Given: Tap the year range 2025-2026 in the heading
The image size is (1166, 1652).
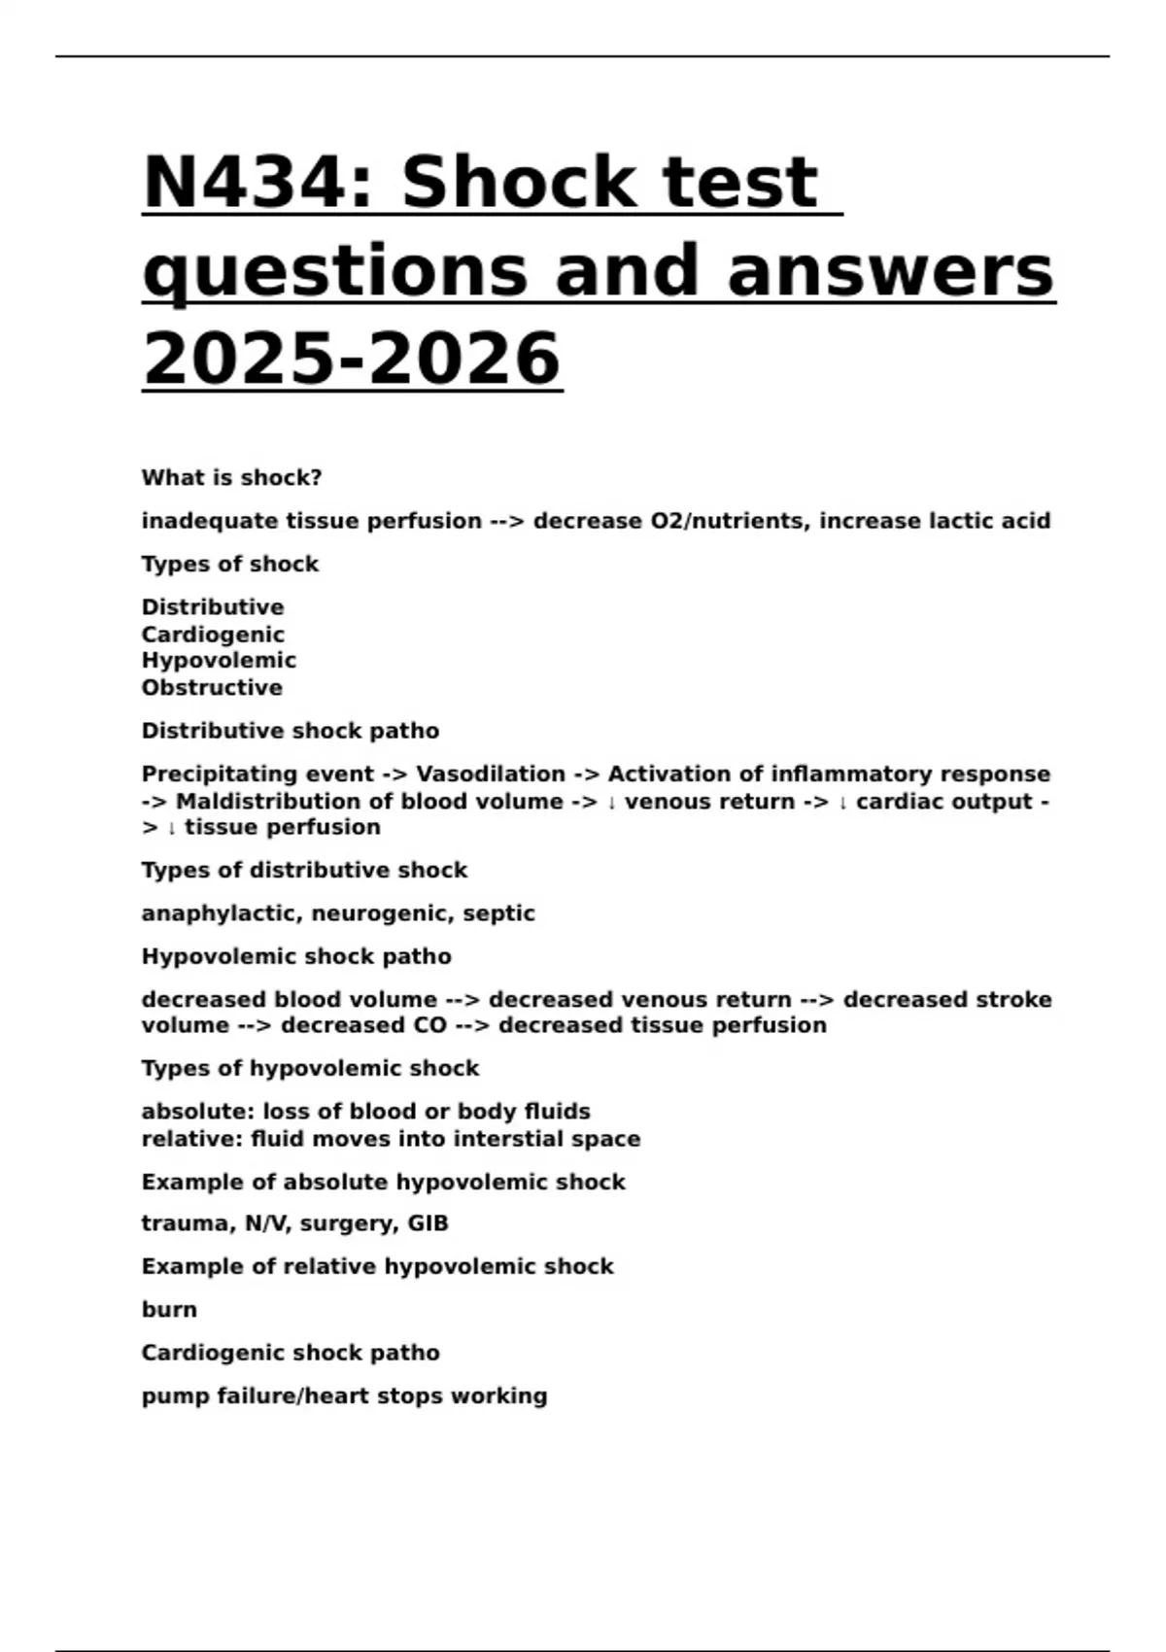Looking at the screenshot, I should pos(352,359).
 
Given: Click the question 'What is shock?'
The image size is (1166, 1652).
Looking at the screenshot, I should pos(231,478).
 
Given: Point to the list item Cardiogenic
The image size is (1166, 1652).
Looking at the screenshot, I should pos(213,635).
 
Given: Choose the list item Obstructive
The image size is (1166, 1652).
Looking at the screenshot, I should pos(212,688).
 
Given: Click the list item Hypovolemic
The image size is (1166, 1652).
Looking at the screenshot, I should pos(219,661).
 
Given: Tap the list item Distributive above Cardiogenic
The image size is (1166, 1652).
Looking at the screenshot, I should pos(213,607).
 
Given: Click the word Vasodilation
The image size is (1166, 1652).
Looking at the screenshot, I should pos(491,774).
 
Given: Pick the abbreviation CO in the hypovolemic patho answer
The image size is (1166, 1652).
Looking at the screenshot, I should pos(429,1025).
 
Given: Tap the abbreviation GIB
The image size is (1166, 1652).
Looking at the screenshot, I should pos(428,1223).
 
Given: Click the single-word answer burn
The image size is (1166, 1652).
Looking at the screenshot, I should pos(169,1310).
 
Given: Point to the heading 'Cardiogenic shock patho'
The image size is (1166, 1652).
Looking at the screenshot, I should pos(291,1353).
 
